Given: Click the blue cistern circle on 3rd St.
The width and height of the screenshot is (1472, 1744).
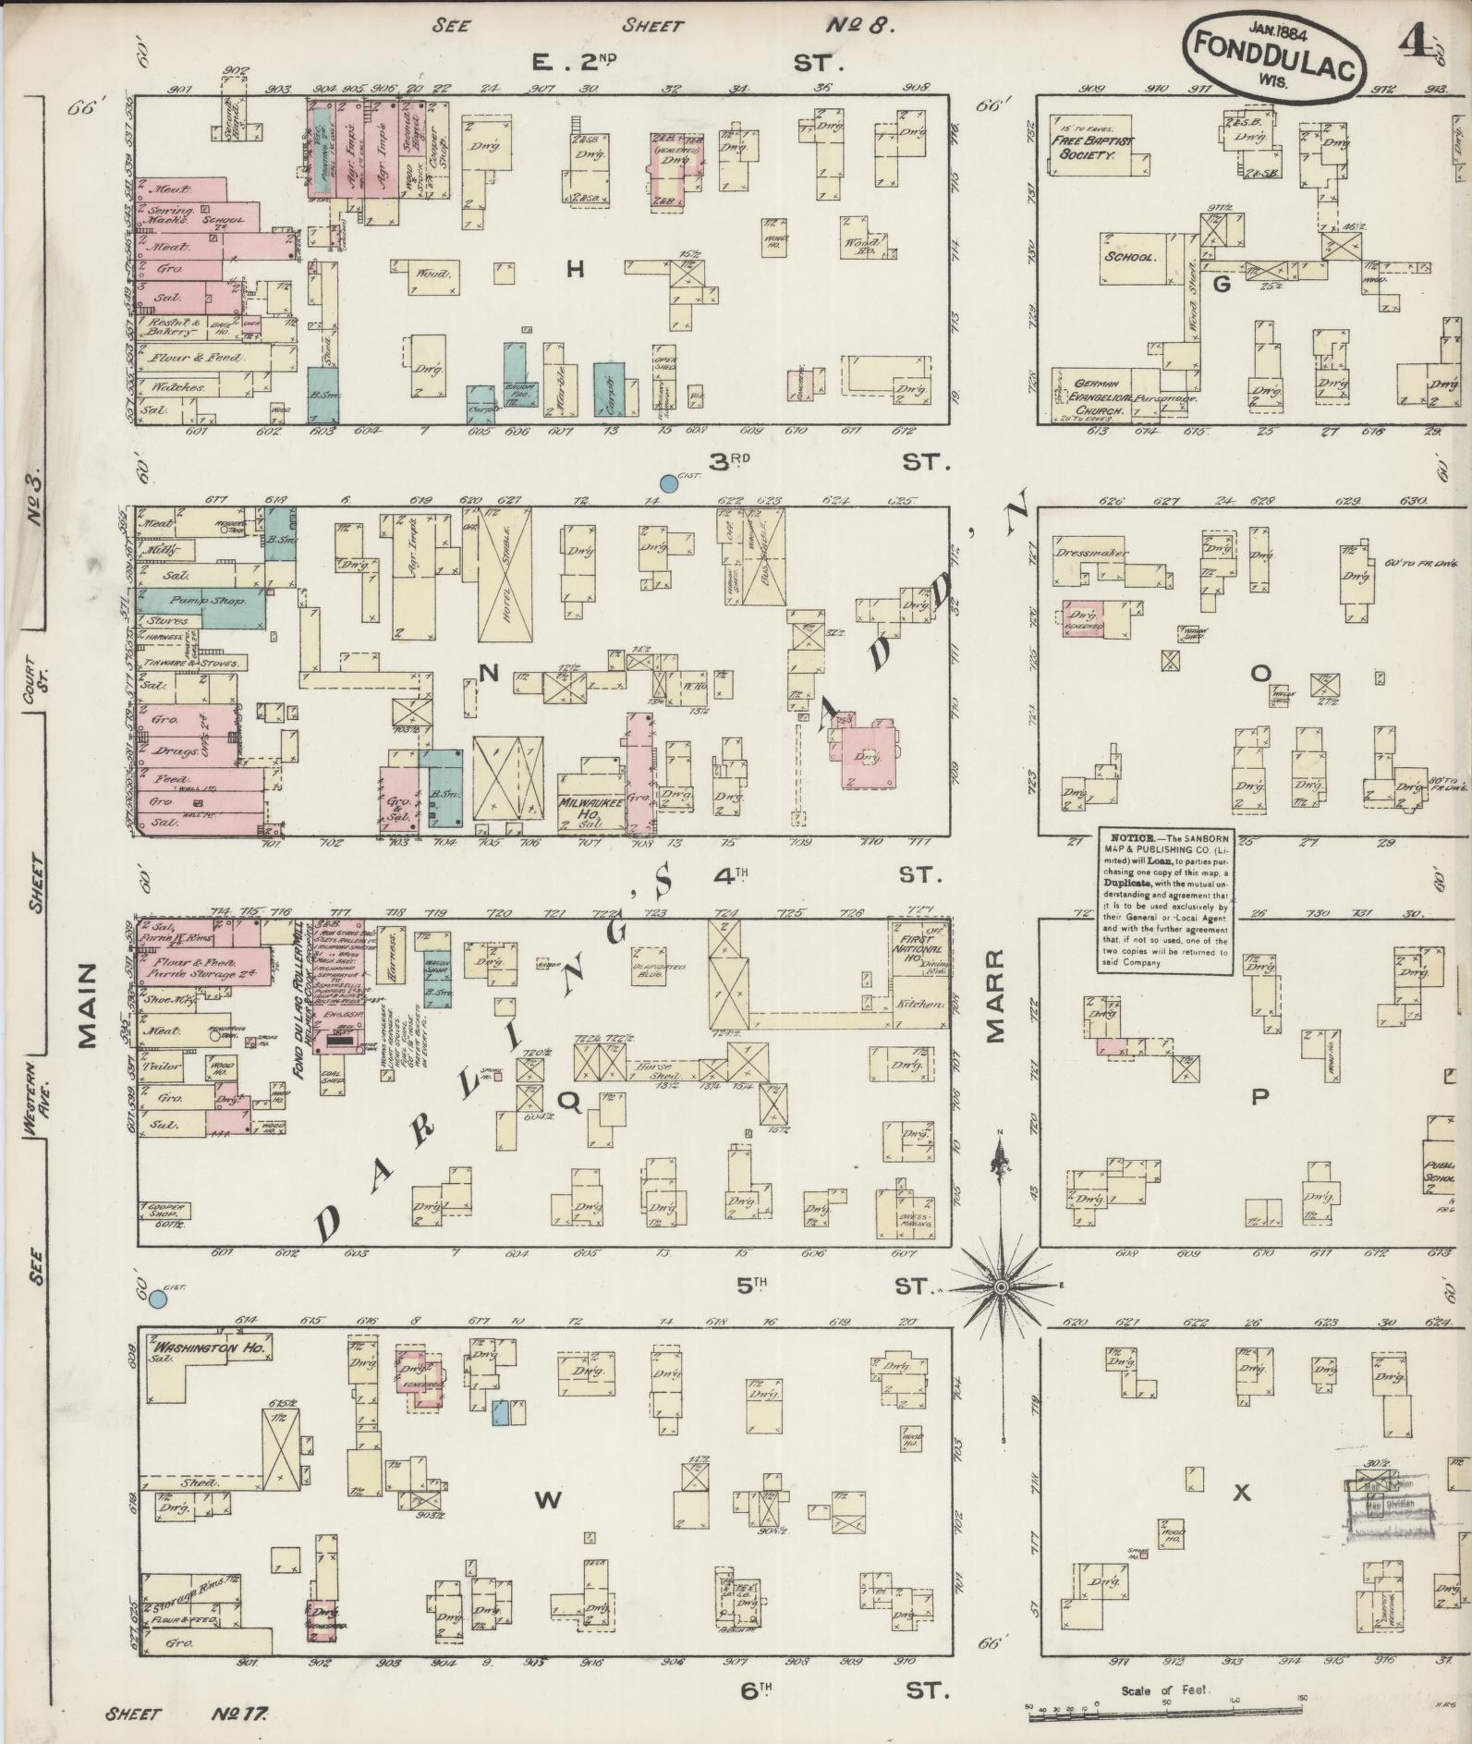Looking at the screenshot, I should pyautogui.click(x=669, y=482).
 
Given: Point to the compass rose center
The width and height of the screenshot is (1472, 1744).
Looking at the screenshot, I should pyautogui.click(x=1001, y=1287).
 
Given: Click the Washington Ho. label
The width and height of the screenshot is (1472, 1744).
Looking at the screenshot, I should pyautogui.click(x=211, y=1349).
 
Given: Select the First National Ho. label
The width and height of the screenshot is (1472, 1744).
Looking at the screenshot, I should pyautogui.click(x=920, y=949).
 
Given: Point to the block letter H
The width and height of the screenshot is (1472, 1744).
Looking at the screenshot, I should pyautogui.click(x=576, y=269).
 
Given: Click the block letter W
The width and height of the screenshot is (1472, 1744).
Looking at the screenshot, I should pyautogui.click(x=548, y=1502).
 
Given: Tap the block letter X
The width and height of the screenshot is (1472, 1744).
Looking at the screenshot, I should pyautogui.click(x=1243, y=1492).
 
